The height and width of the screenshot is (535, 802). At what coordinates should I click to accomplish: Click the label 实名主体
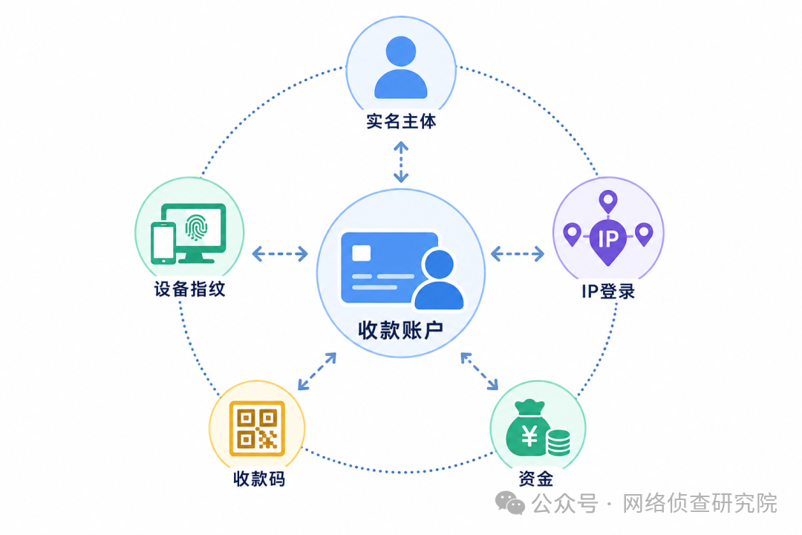pos(401,121)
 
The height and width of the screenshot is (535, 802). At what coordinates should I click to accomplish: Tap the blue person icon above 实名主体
pos(401,67)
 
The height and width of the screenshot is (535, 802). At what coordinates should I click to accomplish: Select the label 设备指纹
pos(190,289)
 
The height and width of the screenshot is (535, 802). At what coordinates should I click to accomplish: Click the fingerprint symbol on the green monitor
pos(196,227)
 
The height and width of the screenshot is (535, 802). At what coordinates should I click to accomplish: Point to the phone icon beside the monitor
pos(163,243)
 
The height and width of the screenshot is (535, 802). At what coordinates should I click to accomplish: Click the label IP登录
pos(608,291)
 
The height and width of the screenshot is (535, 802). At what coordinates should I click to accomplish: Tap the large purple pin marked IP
pos(607,241)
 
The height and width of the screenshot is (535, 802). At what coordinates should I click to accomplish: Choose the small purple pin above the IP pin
pos(608,201)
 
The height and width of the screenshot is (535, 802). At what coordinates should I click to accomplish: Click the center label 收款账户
pos(400,330)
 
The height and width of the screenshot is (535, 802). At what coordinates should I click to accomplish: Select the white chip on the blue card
pos(361,253)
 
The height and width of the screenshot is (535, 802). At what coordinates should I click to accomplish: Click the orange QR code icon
pos(257,429)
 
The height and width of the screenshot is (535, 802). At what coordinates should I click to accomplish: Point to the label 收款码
pos(259,479)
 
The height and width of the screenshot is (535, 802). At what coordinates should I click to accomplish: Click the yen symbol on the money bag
pos(529,436)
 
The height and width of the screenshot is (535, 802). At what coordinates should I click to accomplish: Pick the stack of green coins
pos(558,442)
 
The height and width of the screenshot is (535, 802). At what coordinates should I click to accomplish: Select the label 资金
pos(535,479)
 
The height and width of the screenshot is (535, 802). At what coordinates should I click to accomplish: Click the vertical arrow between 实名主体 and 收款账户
pos(401,162)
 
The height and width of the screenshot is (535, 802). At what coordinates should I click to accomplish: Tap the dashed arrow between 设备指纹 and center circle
pos(280,253)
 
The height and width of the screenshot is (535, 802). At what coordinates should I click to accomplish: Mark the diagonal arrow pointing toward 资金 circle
pos(479,372)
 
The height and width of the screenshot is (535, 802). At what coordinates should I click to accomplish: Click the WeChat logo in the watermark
pos(510,503)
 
